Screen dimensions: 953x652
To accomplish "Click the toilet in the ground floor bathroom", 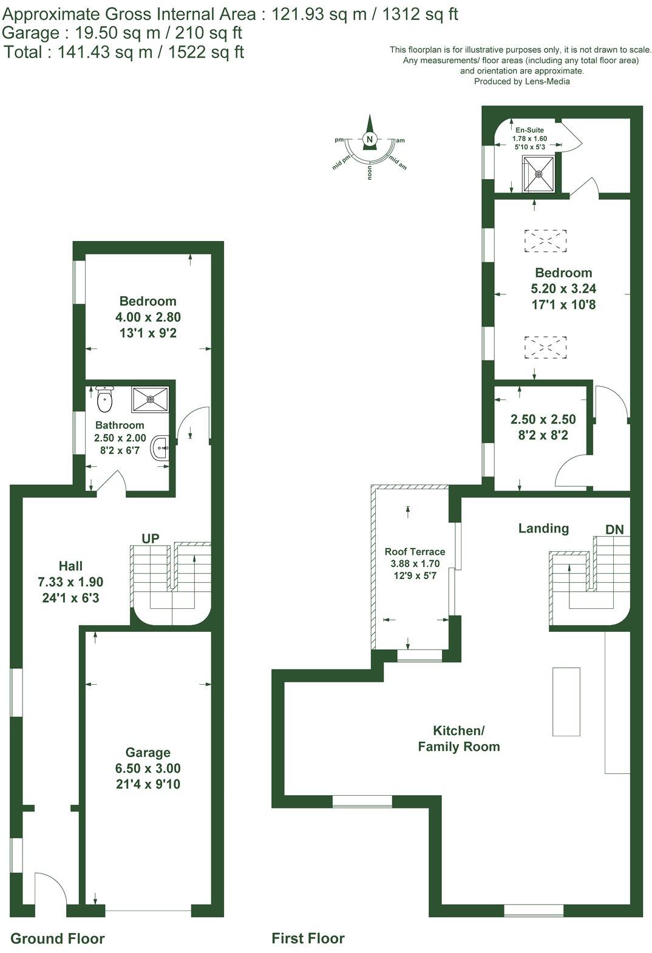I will tap(105, 398).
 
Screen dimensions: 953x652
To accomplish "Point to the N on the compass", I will tap(369, 139).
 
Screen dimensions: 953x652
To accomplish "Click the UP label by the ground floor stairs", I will tap(151, 538).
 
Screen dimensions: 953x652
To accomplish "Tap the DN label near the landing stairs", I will tap(614, 529).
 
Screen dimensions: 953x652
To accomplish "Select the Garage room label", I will tap(148, 753).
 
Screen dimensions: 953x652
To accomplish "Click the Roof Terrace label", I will tap(415, 552).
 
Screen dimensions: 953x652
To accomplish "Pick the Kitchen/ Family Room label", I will tap(458, 738).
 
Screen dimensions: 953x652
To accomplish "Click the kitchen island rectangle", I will tap(566, 701).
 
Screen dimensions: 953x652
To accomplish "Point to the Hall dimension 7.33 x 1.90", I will tap(70, 582).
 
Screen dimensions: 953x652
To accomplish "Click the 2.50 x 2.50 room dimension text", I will tap(543, 419).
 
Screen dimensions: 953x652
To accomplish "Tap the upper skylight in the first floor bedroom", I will tap(545, 240).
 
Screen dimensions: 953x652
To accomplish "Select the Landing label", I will tap(543, 528).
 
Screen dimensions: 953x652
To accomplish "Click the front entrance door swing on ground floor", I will tap(50, 890).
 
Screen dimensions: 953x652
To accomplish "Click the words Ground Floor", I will tap(58, 938).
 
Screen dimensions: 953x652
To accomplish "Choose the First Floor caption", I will tap(308, 938).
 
